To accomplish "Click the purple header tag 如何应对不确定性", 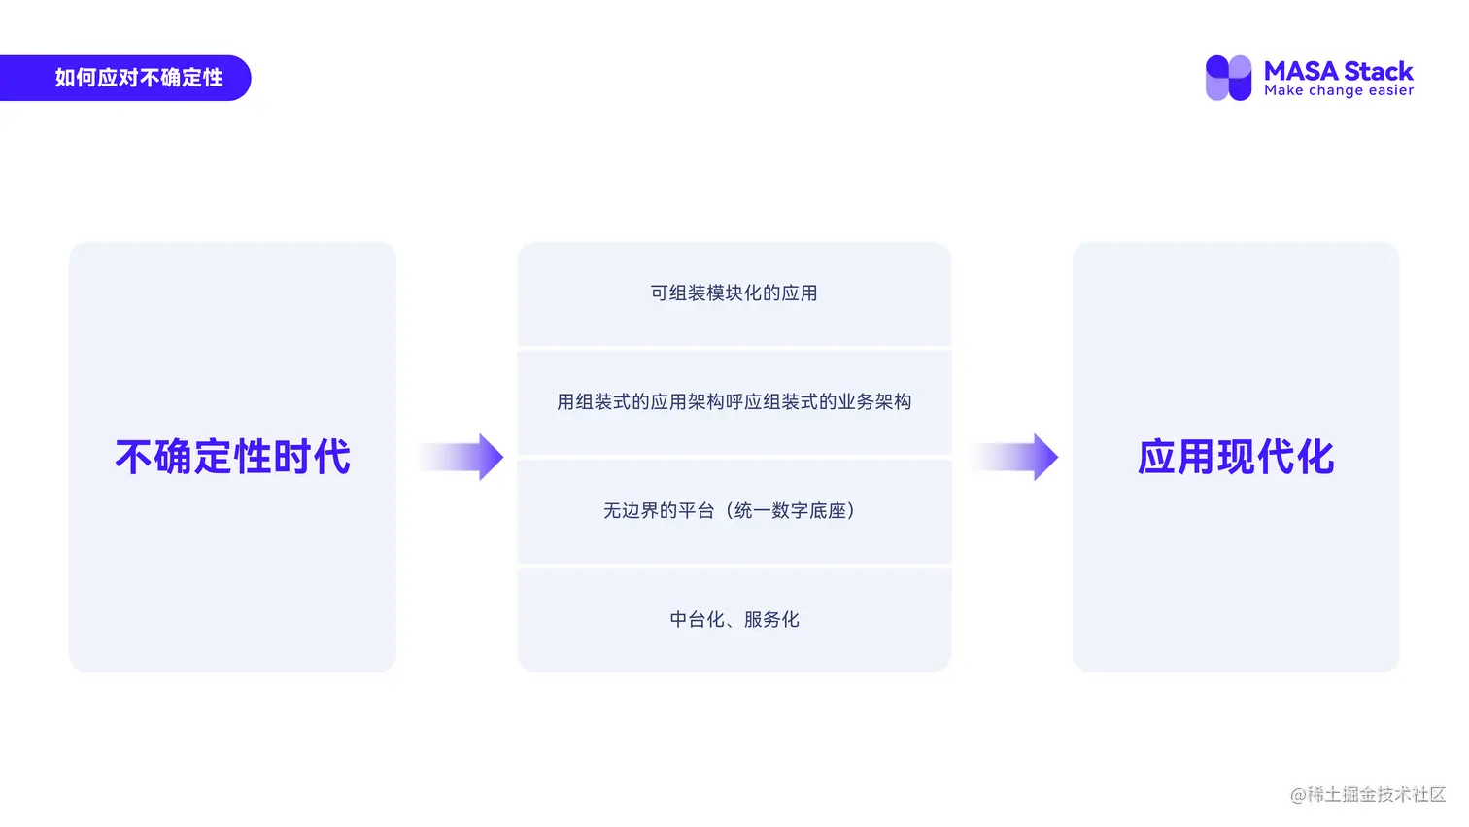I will tap(138, 78).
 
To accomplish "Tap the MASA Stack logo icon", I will tap(1228, 78).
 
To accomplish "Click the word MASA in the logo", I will tap(1301, 71).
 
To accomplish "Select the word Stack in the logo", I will tap(1379, 71).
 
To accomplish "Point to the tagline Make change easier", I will tap(1339, 90).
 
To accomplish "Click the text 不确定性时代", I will tap(233, 457).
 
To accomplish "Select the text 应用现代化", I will tap(1236, 457).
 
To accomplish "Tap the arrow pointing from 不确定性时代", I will tap(462, 457).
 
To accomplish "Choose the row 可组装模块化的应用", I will tap(734, 293).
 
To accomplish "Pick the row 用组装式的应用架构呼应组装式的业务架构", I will tap(734, 402).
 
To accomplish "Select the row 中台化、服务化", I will tap(734, 620).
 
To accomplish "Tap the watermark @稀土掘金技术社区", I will tap(1368, 794).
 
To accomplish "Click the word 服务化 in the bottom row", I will tap(771, 620).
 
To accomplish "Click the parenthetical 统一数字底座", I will tap(790, 511).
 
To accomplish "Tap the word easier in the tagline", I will tap(1390, 90).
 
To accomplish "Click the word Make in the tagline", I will tap(1283, 90).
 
